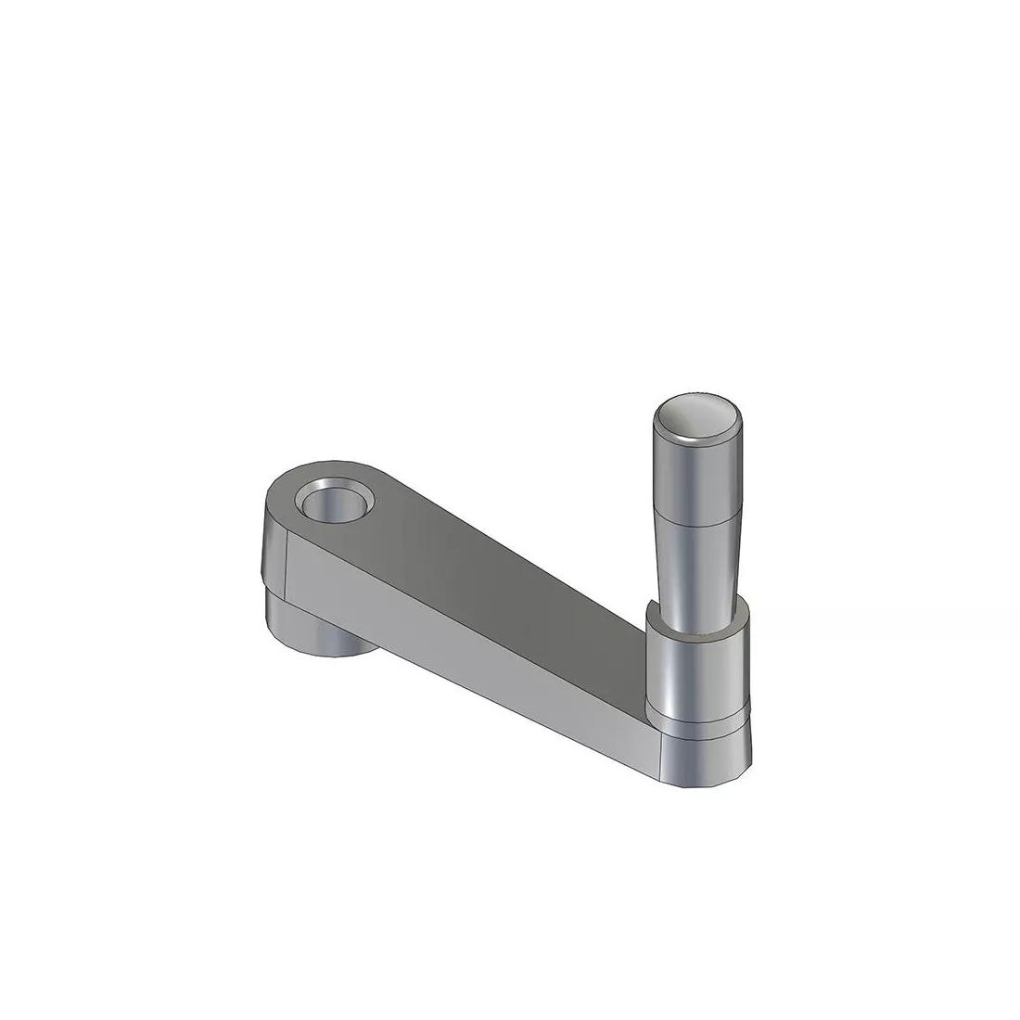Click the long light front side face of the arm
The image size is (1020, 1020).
point(464,649)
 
